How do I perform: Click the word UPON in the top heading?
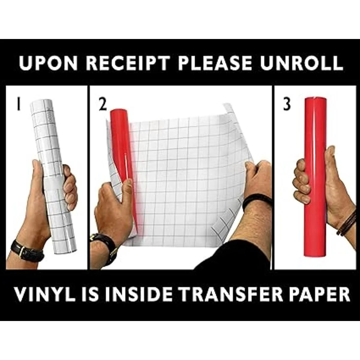click(48, 63)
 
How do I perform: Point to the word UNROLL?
click(301, 63)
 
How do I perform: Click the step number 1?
click(18, 104)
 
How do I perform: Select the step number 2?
click(103, 104)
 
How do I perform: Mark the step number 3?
click(287, 104)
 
